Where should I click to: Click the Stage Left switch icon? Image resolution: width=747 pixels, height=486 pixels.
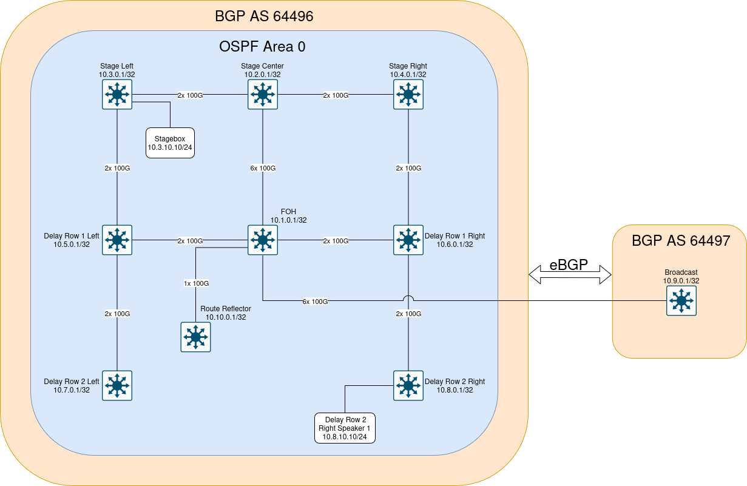pos(117,94)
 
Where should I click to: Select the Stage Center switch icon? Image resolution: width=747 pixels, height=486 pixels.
pos(263,94)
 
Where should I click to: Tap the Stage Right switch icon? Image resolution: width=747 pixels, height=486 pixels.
pos(408,94)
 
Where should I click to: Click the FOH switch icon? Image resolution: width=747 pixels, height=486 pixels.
pos(263,240)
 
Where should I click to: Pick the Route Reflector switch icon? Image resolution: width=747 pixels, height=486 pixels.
pos(195,337)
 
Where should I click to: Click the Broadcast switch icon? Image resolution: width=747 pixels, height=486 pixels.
pos(681,300)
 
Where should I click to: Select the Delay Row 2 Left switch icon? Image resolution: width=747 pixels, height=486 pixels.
pos(117,385)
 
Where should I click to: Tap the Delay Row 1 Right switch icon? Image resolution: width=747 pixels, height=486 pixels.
pos(408,240)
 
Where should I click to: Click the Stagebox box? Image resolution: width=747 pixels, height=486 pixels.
pos(170,143)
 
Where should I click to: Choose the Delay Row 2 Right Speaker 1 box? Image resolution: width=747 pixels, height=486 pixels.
pos(345,428)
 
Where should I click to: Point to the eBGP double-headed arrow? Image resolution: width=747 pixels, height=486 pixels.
pos(570,274)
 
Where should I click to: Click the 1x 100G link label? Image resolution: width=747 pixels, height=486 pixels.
pos(197,283)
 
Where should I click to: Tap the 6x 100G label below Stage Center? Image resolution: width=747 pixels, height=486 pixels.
pos(263,168)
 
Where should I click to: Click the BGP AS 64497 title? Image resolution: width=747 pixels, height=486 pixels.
pos(681,241)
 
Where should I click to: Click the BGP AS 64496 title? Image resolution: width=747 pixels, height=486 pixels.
pos(264,16)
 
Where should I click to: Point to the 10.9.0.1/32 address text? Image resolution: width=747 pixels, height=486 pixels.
pos(681,281)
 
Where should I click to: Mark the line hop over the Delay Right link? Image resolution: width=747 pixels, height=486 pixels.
pos(408,298)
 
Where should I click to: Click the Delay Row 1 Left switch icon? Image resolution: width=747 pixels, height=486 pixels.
pos(117,240)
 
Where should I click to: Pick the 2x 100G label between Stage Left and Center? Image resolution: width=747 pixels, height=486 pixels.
pos(190,95)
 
